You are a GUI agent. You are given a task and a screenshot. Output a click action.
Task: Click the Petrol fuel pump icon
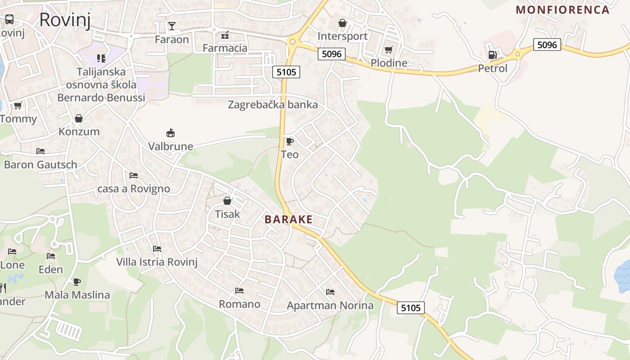tap(492, 55)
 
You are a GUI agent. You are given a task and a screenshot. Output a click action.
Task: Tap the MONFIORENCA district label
tap(562, 9)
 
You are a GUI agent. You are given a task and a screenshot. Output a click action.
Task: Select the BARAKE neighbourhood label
tap(288, 219)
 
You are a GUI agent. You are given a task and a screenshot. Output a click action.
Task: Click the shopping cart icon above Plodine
tap(388, 49)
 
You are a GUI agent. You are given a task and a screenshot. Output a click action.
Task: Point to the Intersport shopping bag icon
tap(342, 22)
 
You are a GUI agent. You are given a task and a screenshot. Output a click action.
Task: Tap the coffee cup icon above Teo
tap(290, 141)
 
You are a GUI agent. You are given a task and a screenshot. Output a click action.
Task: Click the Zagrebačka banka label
tap(273, 105)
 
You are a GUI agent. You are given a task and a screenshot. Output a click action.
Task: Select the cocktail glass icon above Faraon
tap(172, 26)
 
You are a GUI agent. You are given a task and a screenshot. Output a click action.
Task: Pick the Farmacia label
tap(225, 48)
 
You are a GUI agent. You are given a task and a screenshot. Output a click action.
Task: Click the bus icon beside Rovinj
tap(9, 19)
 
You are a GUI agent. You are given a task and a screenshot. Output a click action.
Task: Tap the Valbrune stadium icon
tap(171, 133)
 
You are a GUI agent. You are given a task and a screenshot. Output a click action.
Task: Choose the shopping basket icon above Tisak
tap(227, 201)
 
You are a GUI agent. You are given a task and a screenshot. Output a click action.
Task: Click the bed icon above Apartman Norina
tap(330, 292)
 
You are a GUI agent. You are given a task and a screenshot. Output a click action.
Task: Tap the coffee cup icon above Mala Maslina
tap(77, 282)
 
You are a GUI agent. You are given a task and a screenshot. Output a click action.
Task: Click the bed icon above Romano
tap(239, 291)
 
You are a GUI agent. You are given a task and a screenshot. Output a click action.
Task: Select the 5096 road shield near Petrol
tap(547, 45)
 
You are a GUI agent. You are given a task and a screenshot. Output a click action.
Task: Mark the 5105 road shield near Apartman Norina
tap(411, 308)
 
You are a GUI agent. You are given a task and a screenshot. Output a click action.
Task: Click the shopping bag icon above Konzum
tap(79, 118)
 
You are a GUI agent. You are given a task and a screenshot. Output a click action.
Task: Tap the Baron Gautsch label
tap(40, 164)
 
